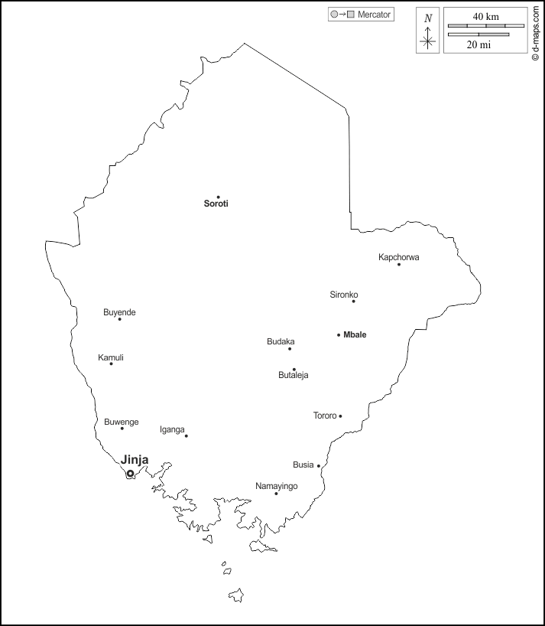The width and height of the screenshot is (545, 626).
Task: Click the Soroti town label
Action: [x=216, y=204]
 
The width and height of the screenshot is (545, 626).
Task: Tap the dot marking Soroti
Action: [x=218, y=197]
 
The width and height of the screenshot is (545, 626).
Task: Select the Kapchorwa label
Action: [x=399, y=257]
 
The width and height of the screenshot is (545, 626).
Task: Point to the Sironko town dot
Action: [x=353, y=301]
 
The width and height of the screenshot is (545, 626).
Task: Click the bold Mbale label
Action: [x=355, y=334]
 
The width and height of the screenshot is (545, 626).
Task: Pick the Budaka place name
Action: [x=281, y=341]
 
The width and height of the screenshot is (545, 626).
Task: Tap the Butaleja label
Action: [x=294, y=375]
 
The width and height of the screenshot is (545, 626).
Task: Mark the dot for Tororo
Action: [x=340, y=416]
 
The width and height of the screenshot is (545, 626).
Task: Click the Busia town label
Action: [x=303, y=465]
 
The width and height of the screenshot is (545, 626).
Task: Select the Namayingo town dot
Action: [x=276, y=494]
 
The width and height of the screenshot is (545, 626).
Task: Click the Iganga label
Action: [x=172, y=429]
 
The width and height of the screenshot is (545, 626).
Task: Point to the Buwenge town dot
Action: [x=122, y=428]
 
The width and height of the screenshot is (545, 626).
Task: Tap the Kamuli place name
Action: [x=111, y=357]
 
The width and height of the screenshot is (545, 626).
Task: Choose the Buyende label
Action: [x=119, y=312]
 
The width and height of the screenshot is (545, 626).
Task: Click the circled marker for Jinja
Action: [x=130, y=474]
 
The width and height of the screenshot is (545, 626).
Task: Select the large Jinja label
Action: [x=135, y=460]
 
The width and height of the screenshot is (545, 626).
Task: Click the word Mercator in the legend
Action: [x=374, y=15]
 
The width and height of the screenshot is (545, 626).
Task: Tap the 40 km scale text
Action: [x=485, y=17]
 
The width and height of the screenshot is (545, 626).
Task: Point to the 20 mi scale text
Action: [x=478, y=44]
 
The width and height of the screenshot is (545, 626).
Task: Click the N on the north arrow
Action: [x=428, y=18]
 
